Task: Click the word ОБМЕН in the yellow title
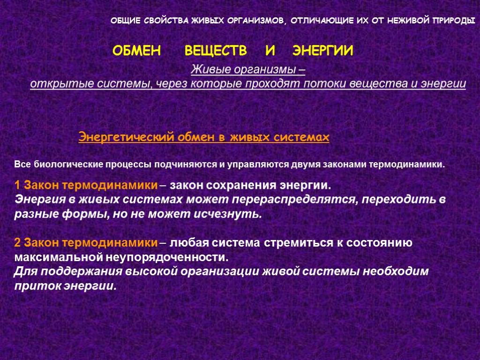(136, 51)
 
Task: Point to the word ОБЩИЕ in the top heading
(123, 22)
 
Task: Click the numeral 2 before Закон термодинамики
(17, 243)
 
